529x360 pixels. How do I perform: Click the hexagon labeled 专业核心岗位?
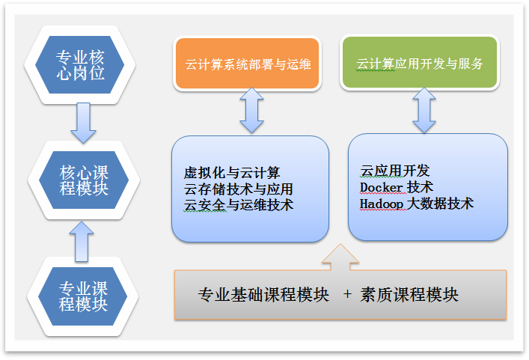point(80,65)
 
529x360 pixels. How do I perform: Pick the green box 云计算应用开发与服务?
point(419,64)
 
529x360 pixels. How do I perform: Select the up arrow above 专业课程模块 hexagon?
point(83,239)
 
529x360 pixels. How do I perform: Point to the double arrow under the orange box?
point(251,111)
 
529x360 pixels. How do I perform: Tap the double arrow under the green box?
point(424,111)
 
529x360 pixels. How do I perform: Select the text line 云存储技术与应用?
point(238,189)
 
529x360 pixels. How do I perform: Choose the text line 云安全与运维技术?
point(238,204)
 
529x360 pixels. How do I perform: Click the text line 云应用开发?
point(395,171)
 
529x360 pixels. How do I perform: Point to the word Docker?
point(382,186)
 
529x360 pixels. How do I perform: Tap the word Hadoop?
point(382,203)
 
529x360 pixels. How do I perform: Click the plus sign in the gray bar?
point(347,295)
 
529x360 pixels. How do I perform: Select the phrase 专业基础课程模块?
point(263,295)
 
